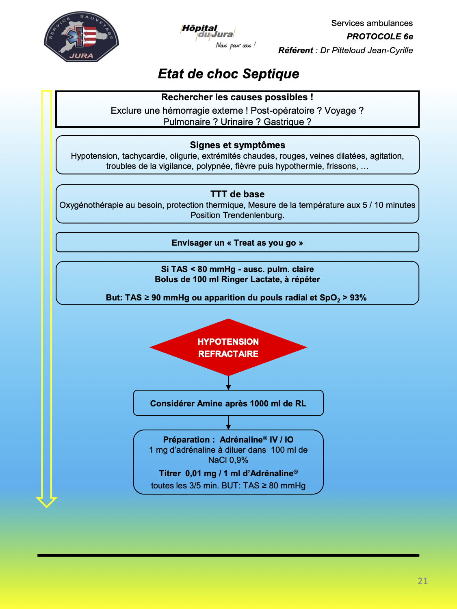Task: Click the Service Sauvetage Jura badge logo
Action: [81, 37]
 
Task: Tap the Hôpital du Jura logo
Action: [218, 37]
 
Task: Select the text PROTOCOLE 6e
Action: [379, 37]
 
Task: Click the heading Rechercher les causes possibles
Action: [237, 97]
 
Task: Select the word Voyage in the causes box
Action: [341, 110]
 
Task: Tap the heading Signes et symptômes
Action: [238, 145]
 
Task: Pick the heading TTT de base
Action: [238, 194]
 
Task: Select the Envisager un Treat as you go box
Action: [238, 242]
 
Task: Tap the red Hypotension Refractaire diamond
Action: [228, 347]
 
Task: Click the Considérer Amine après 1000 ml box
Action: [228, 403]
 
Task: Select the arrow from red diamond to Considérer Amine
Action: [228, 383]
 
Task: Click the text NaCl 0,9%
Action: [228, 460]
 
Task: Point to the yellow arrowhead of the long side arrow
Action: [47, 502]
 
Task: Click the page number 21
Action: [422, 581]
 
